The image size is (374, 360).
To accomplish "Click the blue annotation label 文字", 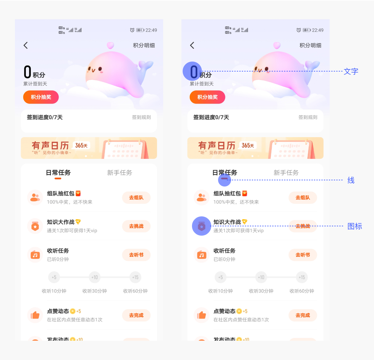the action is point(351,72).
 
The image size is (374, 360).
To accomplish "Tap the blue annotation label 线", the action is point(351,180).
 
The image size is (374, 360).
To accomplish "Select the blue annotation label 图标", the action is point(354,226).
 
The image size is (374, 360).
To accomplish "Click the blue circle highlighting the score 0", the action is point(192,71).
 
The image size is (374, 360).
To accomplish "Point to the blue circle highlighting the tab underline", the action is point(224,180).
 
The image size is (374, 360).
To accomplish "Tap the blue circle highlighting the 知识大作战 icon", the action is point(202,226).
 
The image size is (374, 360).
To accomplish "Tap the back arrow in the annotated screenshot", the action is point(192,45).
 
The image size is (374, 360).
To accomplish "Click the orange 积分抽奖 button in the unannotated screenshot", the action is point(41,97).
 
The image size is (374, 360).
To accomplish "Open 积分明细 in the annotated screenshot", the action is point(310,45).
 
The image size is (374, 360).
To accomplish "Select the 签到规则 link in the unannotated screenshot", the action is point(141,117).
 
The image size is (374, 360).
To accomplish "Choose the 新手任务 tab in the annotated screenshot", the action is point(286,173).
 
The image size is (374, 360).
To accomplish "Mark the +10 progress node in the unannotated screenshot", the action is point(94,277).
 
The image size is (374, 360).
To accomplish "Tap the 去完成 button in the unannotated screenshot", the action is point(136,315).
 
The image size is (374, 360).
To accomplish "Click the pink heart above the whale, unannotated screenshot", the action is point(110,45).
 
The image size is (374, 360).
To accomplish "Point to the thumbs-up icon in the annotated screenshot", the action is point(202,315).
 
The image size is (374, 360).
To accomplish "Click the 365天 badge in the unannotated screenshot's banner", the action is point(81,145).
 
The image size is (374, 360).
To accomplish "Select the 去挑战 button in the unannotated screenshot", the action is point(136,226).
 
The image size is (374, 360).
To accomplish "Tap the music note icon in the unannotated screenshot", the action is point(35,255).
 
